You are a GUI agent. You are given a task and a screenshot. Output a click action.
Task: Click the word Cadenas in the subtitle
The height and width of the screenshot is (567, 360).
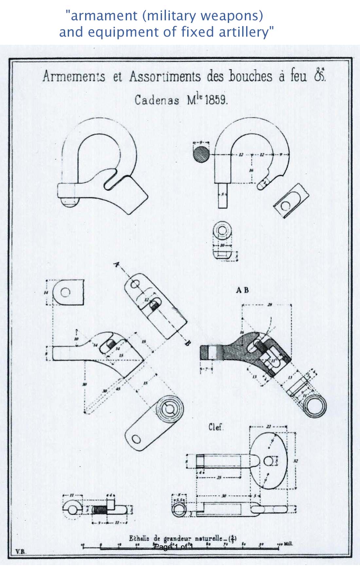157,100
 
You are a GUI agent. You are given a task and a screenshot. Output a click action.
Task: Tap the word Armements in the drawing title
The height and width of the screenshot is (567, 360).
74,77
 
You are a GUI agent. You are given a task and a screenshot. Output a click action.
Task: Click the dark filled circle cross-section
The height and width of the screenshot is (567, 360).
201,154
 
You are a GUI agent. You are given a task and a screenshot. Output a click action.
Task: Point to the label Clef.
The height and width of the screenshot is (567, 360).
216,427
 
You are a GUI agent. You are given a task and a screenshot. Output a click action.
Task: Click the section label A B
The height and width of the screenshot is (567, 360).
243,290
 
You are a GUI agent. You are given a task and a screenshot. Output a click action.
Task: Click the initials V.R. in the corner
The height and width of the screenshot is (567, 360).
21,551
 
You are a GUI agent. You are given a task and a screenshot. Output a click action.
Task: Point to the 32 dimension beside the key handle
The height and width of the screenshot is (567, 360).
296,461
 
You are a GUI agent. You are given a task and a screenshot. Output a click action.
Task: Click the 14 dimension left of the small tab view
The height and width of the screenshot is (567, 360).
45,292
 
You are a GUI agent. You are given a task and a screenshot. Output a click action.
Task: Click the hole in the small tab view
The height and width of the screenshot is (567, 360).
65,292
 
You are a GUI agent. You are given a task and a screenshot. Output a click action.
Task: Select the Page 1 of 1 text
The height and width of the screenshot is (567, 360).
173,547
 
